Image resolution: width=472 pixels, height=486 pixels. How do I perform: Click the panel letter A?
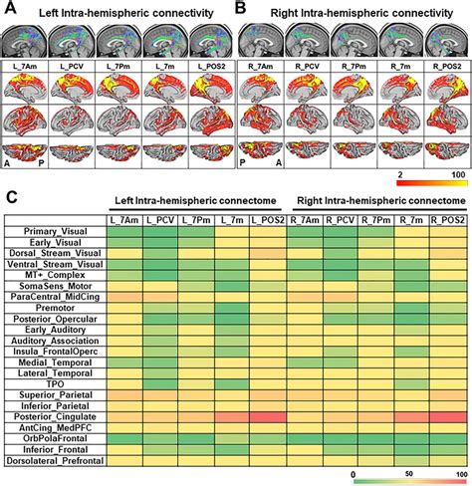(8, 9)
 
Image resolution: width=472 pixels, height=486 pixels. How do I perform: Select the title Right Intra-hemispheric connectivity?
(354, 10)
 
